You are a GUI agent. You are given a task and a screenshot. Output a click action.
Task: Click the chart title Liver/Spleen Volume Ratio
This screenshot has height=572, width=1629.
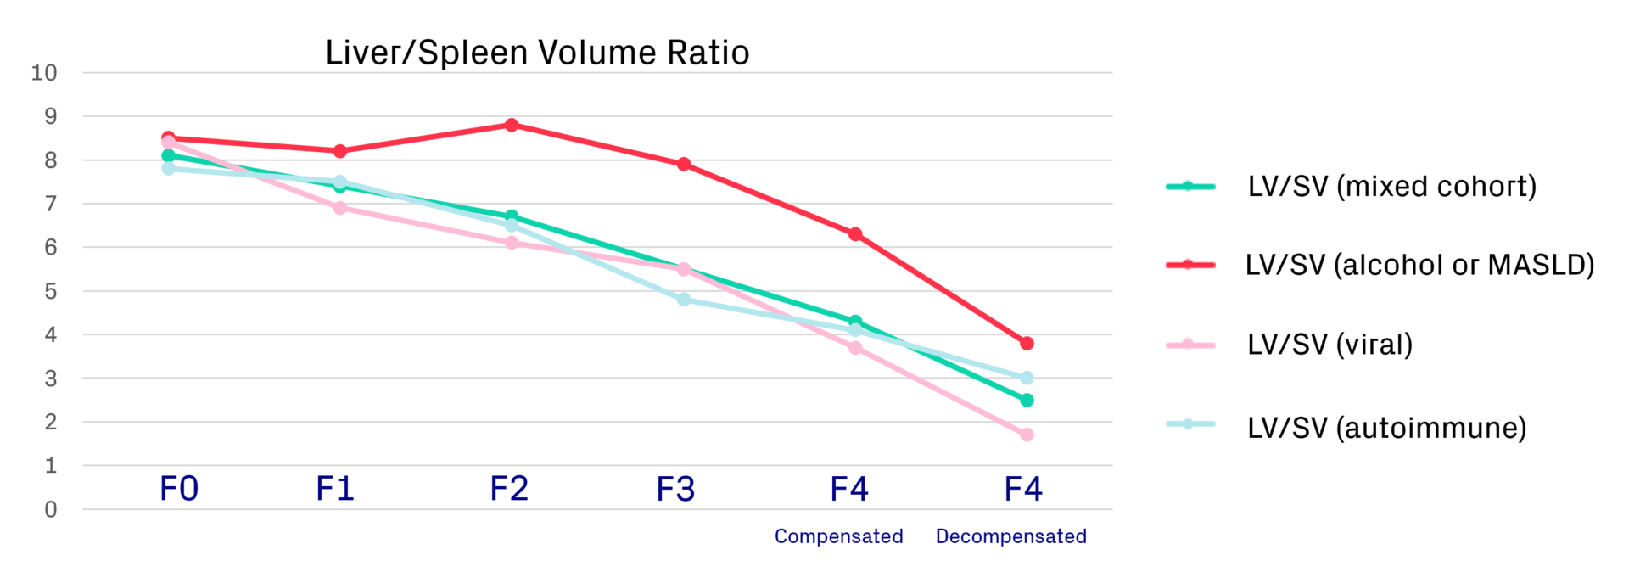tap(537, 53)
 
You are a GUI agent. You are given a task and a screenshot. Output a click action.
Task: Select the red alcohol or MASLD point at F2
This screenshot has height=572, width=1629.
tap(512, 126)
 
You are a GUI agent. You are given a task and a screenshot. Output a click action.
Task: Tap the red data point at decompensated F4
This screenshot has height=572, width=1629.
tap(1027, 344)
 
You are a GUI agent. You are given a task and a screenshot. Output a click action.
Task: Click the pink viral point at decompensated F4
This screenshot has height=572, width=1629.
tap(1027, 435)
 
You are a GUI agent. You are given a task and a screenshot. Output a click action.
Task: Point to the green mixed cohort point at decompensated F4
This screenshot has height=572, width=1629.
tap(1027, 400)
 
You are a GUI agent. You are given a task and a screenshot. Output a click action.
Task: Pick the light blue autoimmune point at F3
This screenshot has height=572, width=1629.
tap(684, 300)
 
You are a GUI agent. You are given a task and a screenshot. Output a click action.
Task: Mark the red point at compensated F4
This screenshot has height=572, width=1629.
tap(855, 234)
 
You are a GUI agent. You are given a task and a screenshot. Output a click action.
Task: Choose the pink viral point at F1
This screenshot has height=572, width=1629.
tap(340, 208)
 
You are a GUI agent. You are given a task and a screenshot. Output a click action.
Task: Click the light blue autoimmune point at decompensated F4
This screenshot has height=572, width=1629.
tap(1027, 378)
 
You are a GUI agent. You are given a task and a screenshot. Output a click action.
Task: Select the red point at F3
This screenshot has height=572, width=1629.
tap(684, 165)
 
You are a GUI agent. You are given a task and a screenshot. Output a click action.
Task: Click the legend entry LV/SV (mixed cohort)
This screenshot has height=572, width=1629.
tap(1391, 187)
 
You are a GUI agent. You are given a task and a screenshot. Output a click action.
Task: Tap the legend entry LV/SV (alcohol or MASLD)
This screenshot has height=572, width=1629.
tap(1419, 265)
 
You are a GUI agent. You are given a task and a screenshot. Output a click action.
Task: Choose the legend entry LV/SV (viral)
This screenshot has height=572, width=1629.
tap(1330, 345)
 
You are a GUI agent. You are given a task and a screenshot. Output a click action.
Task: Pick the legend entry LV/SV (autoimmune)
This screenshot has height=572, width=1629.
tap(1386, 428)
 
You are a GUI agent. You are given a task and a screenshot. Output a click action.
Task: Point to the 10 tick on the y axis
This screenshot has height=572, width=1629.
tap(44, 73)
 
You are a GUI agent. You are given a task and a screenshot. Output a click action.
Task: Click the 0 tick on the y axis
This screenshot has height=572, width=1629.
tap(51, 509)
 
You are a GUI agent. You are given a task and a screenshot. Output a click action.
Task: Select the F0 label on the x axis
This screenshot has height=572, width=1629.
tap(179, 489)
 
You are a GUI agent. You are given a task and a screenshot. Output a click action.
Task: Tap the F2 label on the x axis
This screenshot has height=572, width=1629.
tap(509, 489)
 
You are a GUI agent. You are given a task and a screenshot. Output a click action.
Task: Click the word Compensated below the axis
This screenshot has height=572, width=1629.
tap(838, 536)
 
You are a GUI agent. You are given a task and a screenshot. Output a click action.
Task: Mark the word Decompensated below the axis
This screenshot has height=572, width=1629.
tap(1010, 536)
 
